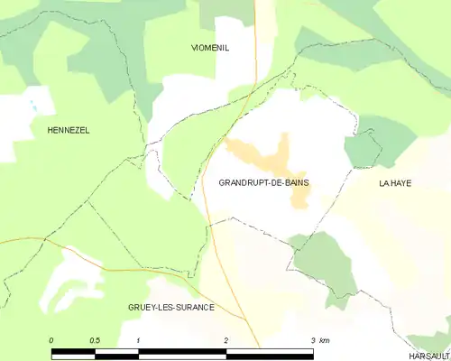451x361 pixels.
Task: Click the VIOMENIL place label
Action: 210,48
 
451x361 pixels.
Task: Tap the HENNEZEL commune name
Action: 69,131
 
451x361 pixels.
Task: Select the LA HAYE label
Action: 395,183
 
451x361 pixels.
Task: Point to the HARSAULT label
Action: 429,356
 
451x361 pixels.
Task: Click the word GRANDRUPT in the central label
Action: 244,183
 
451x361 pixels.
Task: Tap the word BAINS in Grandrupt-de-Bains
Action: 294,183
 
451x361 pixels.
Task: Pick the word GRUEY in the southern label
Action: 144,308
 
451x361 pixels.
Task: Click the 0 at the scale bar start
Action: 51,340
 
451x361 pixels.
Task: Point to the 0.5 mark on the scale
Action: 95,340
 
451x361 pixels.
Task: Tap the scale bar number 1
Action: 138,340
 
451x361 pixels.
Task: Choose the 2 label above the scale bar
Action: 225,340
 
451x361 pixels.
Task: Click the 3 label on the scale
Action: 312,340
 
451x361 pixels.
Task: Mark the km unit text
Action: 325,340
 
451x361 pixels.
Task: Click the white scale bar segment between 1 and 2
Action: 181,353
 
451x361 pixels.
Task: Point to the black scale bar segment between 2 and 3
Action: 269,353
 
